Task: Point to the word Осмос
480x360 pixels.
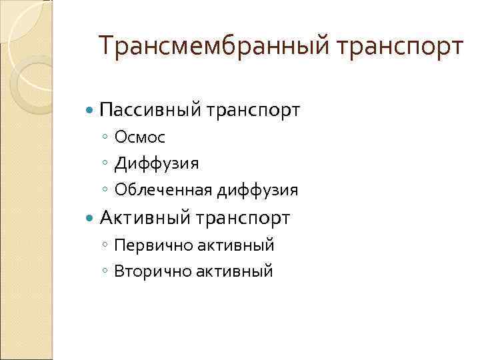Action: pyautogui.click(x=140, y=137)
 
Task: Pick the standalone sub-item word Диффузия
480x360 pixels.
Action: pyautogui.click(x=156, y=163)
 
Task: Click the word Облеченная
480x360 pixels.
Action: pyautogui.click(x=163, y=190)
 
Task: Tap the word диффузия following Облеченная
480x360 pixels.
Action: pyautogui.click(x=257, y=190)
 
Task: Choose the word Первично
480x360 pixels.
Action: pyautogui.click(x=153, y=245)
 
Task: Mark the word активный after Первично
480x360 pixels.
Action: pyautogui.click(x=235, y=245)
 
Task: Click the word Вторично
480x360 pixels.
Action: pyautogui.click(x=153, y=271)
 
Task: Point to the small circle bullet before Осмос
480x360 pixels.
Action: pyautogui.click(x=106, y=138)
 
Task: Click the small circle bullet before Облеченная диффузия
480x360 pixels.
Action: pyautogui.click(x=106, y=191)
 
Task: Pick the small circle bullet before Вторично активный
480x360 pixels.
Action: pyautogui.click(x=106, y=272)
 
